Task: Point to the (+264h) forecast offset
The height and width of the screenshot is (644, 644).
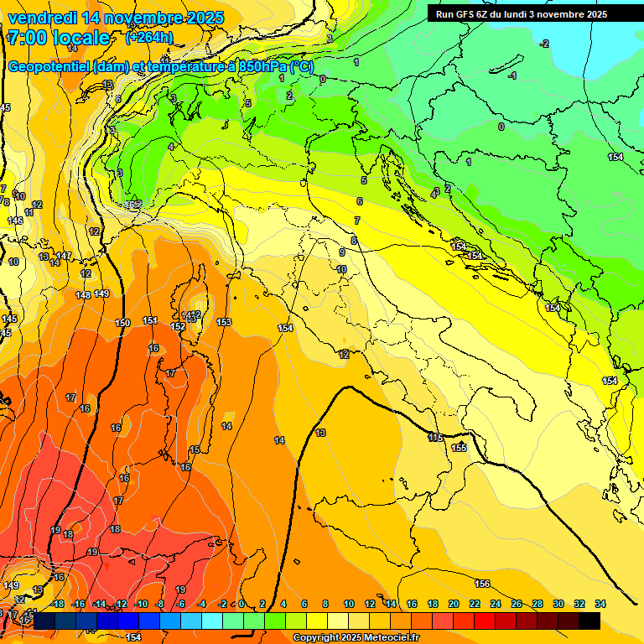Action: click(x=149, y=38)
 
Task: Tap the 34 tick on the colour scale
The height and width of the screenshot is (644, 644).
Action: click(x=600, y=604)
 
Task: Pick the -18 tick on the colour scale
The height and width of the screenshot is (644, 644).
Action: click(x=57, y=604)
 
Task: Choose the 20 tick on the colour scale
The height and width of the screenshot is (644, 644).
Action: click(x=454, y=604)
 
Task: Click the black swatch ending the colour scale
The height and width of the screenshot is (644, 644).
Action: click(x=589, y=621)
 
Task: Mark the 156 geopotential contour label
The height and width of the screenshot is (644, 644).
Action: click(x=482, y=584)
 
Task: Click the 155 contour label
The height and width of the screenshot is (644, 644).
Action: click(x=459, y=449)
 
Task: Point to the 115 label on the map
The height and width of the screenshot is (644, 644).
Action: click(x=435, y=438)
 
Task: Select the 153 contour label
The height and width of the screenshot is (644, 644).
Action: click(x=224, y=322)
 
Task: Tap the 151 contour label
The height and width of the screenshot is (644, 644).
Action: click(x=150, y=320)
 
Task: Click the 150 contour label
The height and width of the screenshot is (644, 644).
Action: click(x=122, y=323)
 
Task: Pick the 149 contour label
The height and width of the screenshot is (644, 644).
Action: click(x=101, y=293)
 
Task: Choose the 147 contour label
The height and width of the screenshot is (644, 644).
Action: click(x=65, y=256)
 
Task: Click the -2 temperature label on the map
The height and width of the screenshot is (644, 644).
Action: click(x=544, y=44)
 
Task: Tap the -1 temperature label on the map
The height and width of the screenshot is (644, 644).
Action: click(x=512, y=76)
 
